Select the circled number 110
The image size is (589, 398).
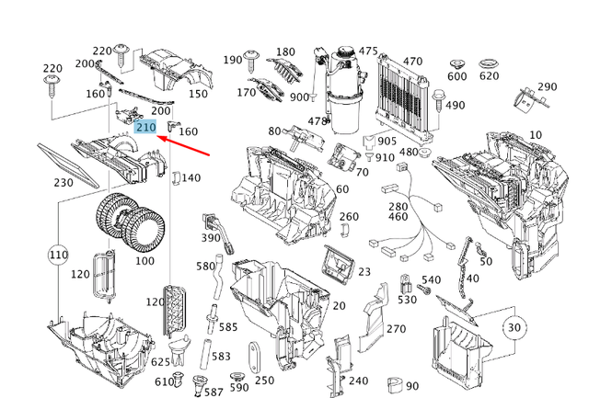pyautogui.click(x=59, y=253)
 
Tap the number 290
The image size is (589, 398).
pyautogui.click(x=548, y=87)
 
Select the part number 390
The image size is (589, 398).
pyautogui.click(x=211, y=238)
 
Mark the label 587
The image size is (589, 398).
pyautogui.click(x=192, y=392)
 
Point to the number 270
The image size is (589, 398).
pyautogui.click(x=396, y=328)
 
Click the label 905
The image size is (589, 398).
pyautogui.click(x=386, y=142)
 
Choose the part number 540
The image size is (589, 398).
pyautogui.click(x=431, y=279)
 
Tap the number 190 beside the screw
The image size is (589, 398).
pyautogui.click(x=233, y=60)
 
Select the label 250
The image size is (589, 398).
pyautogui.click(x=264, y=381)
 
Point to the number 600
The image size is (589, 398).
pyautogui.click(x=456, y=76)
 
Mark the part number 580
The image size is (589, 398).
pyautogui.click(x=204, y=267)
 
